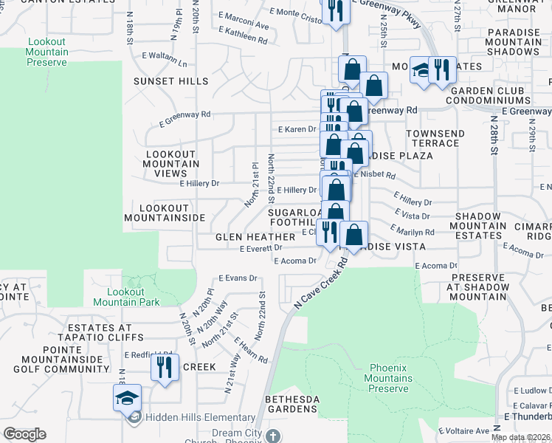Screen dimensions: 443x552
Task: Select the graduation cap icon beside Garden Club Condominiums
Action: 421,70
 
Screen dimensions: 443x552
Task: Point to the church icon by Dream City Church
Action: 273,436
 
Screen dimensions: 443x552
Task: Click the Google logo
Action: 24,434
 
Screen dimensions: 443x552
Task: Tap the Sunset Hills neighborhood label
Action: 171,81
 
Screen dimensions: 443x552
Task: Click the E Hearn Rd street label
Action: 251,350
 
